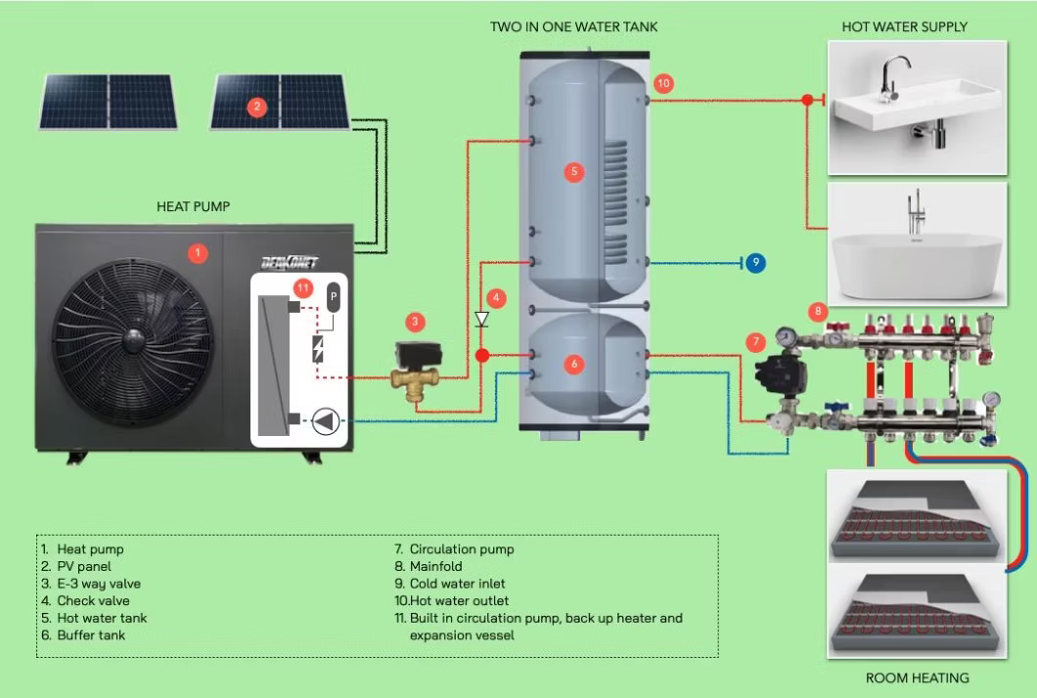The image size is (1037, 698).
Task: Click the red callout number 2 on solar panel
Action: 257,108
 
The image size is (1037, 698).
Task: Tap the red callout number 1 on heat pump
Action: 198,253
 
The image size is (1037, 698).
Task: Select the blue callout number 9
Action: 754,262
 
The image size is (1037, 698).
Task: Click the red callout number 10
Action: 664,84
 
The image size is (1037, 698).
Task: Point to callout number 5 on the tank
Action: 574,172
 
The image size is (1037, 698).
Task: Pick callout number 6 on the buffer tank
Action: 574,364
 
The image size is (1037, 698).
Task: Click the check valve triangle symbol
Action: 481,319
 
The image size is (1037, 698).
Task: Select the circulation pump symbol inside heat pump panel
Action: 326,421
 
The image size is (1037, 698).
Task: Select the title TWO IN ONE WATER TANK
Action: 574,26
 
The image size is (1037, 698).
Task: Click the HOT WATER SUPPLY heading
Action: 905,26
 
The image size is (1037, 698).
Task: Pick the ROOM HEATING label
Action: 918,677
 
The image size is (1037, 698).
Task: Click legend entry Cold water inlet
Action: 452,584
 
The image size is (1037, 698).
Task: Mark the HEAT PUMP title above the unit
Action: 194,207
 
